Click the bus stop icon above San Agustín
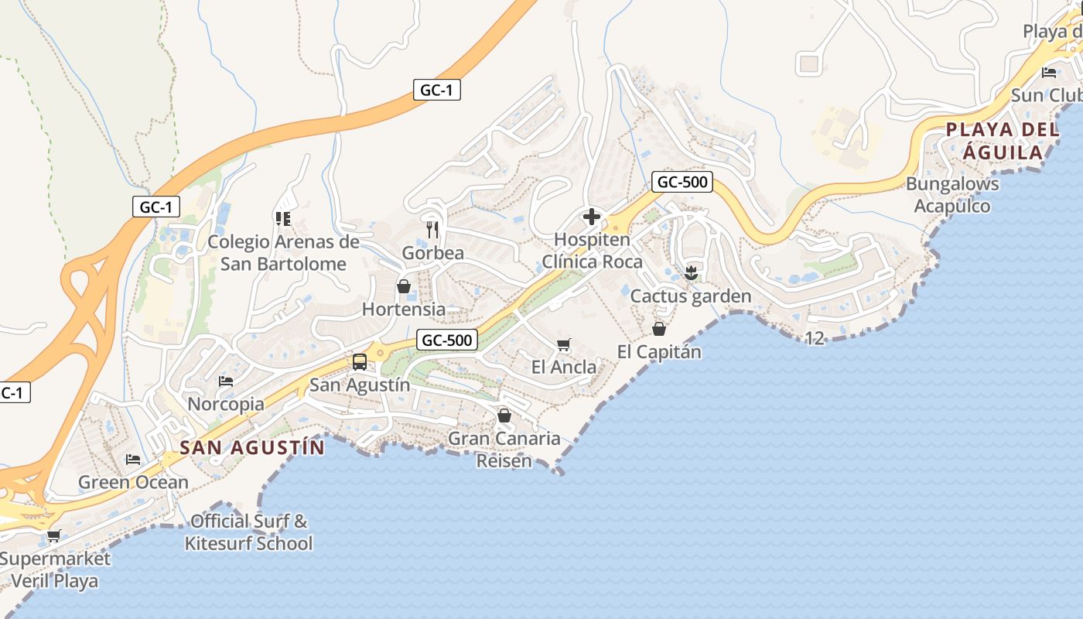click(x=360, y=361)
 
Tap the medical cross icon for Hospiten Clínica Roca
click(x=592, y=217)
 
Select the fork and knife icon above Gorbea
click(x=432, y=230)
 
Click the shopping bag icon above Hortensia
click(x=403, y=286)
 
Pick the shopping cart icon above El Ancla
click(x=564, y=344)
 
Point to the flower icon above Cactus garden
click(x=692, y=272)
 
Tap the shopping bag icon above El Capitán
click(x=659, y=329)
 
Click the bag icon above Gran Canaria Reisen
click(x=504, y=416)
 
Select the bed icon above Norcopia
click(x=226, y=381)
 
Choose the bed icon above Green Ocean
click(x=133, y=460)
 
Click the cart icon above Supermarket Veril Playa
click(x=53, y=535)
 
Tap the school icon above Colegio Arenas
click(x=282, y=219)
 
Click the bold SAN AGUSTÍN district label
click(x=252, y=447)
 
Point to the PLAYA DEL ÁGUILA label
click(x=1003, y=141)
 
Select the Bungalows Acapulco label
click(x=952, y=195)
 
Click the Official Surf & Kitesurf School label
click(x=248, y=532)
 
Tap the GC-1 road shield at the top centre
click(x=436, y=91)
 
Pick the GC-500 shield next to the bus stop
click(x=446, y=340)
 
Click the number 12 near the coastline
click(x=814, y=338)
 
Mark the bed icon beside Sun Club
click(x=1049, y=73)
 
